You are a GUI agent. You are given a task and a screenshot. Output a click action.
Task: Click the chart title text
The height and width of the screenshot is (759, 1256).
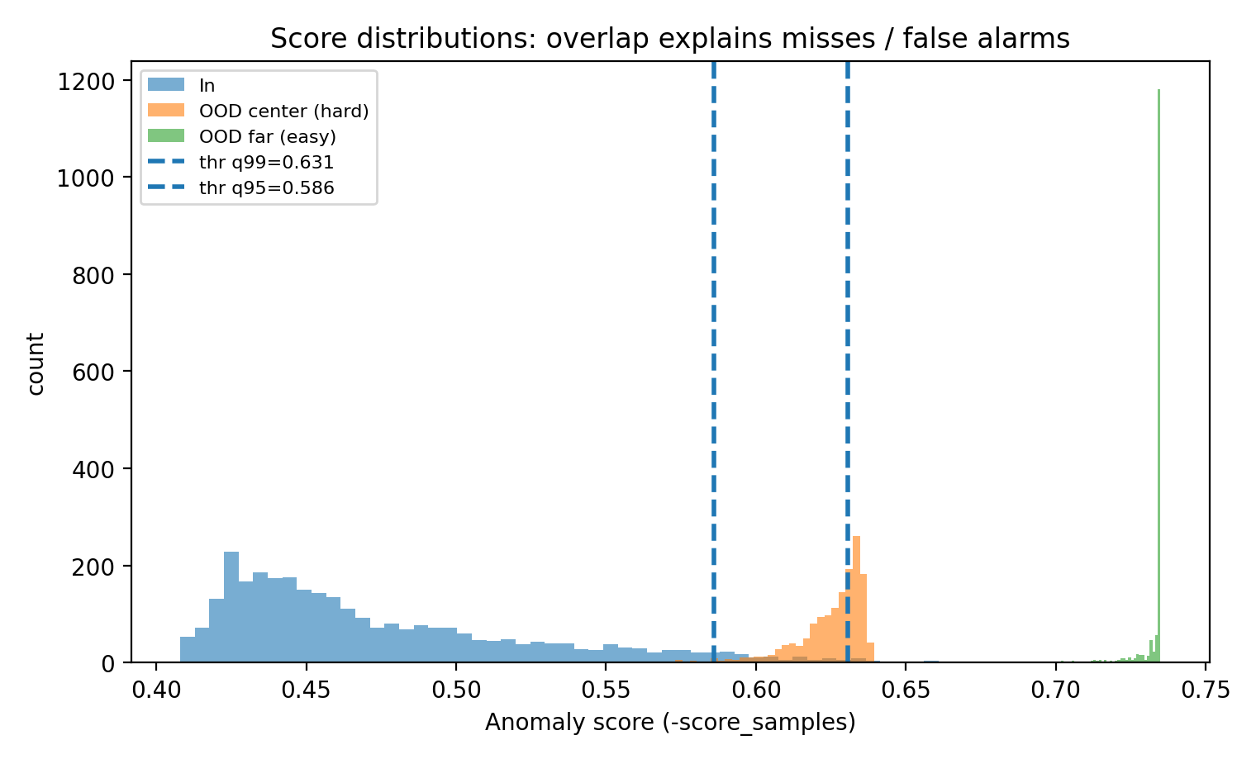[x=670, y=39]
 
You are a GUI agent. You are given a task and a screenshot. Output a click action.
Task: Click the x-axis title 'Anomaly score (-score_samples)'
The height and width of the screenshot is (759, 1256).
[x=670, y=723]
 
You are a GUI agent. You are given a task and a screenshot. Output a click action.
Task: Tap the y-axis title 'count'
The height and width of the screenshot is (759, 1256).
[x=36, y=363]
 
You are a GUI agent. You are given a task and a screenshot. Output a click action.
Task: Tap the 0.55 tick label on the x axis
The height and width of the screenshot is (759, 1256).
[x=605, y=688]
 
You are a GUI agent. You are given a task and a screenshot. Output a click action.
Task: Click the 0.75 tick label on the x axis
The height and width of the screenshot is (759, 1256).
[x=1205, y=688]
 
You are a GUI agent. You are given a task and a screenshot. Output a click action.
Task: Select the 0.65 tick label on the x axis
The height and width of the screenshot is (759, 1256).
[x=905, y=688]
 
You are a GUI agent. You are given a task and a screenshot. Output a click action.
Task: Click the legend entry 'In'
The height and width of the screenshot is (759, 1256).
[x=207, y=85]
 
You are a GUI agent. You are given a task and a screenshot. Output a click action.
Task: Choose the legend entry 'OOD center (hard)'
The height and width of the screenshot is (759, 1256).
[x=283, y=111]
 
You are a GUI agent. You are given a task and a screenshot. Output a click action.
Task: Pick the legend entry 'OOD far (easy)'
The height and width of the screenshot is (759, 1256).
[x=267, y=136]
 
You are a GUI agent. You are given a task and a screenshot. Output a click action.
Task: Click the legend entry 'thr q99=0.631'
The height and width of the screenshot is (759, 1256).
[x=266, y=162]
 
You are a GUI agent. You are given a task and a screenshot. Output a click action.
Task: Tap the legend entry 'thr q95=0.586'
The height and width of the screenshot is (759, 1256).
[x=266, y=187]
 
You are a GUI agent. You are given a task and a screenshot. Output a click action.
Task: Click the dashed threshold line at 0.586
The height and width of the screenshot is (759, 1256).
[x=713, y=330]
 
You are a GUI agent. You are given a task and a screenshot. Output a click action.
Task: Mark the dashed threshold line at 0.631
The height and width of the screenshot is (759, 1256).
[x=848, y=330]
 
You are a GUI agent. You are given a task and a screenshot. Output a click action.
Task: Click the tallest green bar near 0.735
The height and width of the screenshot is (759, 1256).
[x=1158, y=372]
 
